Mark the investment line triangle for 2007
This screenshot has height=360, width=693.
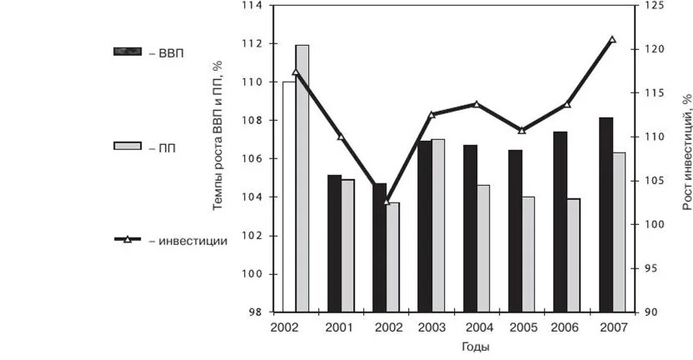click(x=612, y=39)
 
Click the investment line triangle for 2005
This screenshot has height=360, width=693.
click(x=521, y=130)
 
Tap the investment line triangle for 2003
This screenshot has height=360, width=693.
click(x=431, y=114)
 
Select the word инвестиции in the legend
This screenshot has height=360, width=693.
click(x=188, y=241)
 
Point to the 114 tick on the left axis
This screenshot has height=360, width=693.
click(x=252, y=6)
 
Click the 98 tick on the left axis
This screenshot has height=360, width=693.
click(x=255, y=312)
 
